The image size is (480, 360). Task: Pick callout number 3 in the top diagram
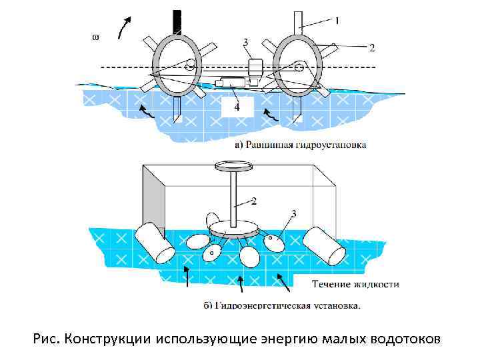(245, 43)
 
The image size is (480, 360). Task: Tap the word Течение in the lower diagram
(334, 285)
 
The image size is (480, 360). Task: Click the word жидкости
(378, 285)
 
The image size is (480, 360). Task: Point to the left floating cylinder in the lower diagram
(155, 243)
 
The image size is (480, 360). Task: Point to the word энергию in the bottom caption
(291, 339)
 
